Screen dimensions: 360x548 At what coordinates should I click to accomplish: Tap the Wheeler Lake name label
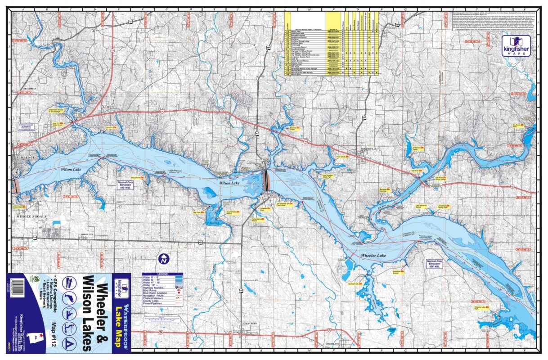point(373,256)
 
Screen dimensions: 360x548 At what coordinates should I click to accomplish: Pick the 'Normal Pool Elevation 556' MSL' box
point(436,264)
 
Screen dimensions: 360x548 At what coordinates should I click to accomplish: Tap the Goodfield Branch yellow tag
point(397,272)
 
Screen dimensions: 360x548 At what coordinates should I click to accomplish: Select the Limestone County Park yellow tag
point(443,206)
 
